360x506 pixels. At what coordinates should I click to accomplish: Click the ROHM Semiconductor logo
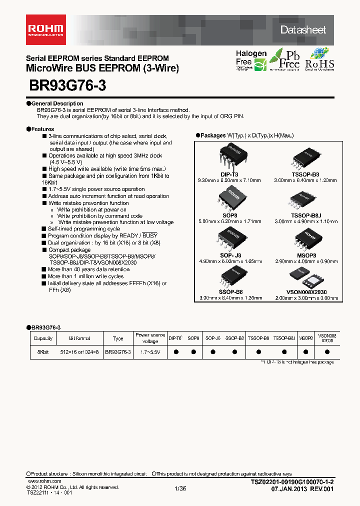point(46,29)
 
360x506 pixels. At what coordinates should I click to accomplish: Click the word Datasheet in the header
point(303,30)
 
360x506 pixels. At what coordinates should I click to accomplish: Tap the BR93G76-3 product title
point(68,85)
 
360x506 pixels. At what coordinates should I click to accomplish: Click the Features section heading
point(42,129)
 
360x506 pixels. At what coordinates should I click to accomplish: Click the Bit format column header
point(79,338)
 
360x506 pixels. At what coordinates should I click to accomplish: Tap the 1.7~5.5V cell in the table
point(150,352)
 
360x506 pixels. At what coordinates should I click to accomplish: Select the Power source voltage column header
point(150,338)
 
